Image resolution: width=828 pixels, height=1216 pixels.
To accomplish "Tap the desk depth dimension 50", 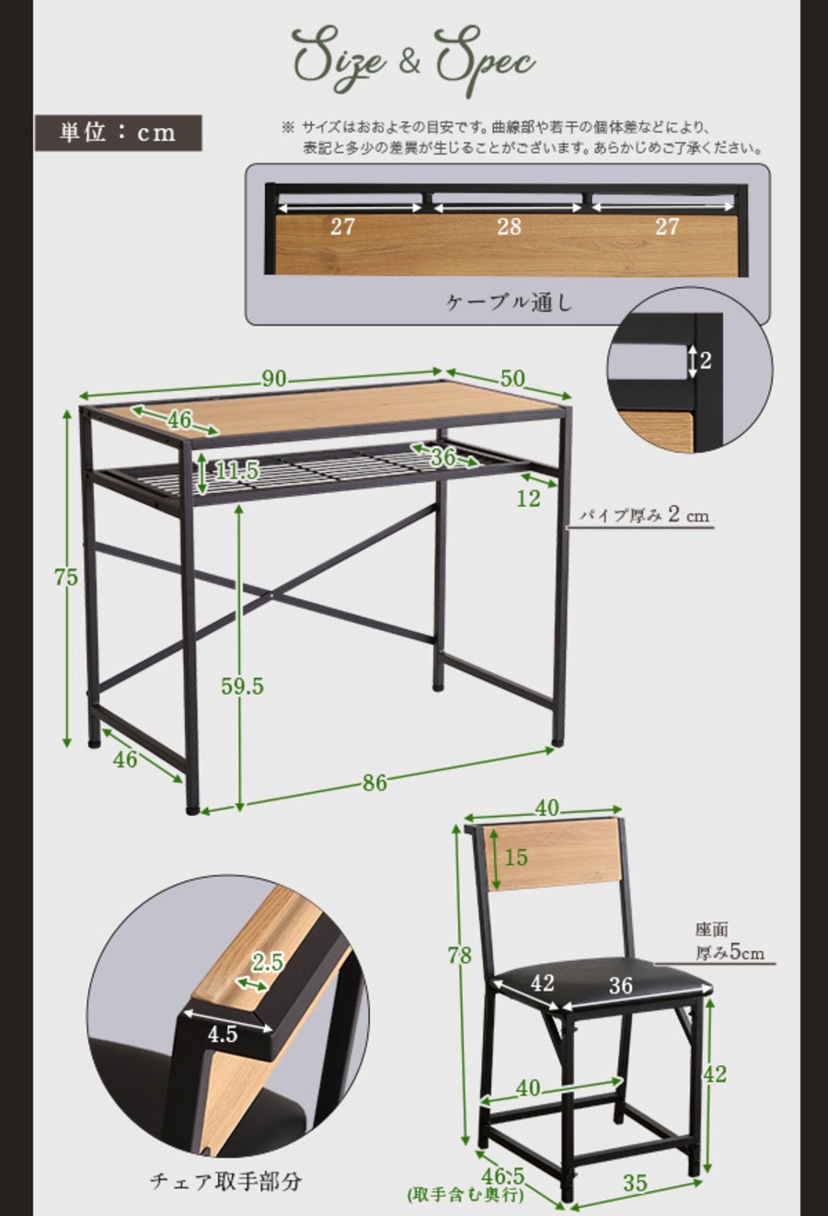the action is [x=512, y=378].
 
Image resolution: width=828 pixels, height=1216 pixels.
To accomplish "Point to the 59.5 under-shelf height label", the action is [x=242, y=685].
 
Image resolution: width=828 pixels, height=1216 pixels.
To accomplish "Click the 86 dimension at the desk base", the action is [x=374, y=783].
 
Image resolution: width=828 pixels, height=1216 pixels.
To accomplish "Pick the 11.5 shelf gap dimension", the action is [x=236, y=472].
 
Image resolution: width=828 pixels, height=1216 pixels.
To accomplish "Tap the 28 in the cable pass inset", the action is [x=509, y=227].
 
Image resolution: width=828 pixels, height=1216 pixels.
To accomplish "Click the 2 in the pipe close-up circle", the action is [x=705, y=361].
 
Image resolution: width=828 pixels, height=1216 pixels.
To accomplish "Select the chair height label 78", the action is [x=459, y=956].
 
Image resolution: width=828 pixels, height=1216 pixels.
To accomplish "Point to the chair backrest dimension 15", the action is [x=516, y=857].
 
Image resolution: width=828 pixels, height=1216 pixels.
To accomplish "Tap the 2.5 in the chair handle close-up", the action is [x=267, y=962].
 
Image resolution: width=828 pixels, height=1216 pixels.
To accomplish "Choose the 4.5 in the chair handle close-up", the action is [x=222, y=1034].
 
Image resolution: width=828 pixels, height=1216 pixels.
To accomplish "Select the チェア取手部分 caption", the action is [x=225, y=1180].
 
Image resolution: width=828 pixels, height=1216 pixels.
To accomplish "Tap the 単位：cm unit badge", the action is [x=118, y=132].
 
